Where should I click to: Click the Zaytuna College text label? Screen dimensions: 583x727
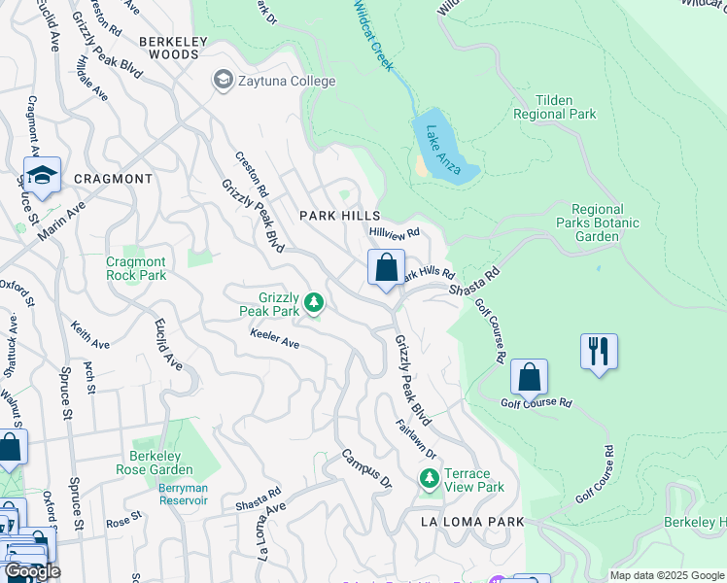287,82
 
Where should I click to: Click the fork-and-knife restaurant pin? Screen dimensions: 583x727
598,351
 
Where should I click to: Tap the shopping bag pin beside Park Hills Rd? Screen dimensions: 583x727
386,267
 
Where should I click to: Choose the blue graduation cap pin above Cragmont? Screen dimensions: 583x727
42,176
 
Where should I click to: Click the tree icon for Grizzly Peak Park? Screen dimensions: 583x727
313,303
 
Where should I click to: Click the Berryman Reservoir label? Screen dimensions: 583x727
184,494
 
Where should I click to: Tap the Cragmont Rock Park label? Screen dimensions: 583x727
136,269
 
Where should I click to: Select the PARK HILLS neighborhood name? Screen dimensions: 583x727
339,215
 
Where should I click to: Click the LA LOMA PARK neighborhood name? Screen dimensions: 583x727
472,522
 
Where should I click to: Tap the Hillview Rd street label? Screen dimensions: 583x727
394,233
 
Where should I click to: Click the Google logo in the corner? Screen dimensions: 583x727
31,571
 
